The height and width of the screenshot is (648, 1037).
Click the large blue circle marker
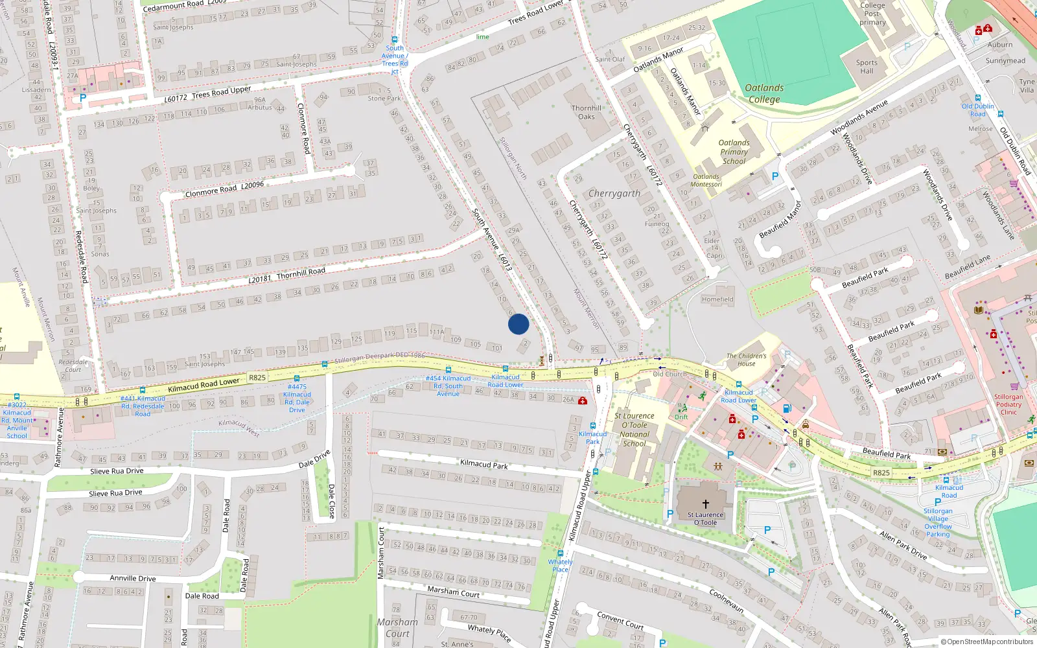[518, 323]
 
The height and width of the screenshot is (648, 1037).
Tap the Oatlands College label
[764, 93]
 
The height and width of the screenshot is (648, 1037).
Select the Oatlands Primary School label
[734, 152]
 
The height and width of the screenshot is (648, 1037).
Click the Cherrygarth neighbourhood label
[614, 194]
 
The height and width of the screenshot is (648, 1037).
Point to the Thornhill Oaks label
[587, 112]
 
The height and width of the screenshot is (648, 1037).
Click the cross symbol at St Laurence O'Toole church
[706, 503]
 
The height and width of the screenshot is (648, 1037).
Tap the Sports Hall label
[867, 67]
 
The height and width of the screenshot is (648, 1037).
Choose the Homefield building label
[717, 299]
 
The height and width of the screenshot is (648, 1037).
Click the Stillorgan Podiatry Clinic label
[1008, 404]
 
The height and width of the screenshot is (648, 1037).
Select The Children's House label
[746, 360]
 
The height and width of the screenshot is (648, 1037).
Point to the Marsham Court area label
[397, 627]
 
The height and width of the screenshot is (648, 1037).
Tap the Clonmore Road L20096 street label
[224, 189]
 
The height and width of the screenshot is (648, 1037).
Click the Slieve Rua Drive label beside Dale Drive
[117, 471]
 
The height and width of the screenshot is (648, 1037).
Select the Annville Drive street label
[133, 578]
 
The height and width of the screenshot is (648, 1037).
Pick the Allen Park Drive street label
[903, 544]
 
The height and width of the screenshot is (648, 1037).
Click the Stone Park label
[384, 98]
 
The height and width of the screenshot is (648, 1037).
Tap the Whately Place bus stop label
[560, 566]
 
